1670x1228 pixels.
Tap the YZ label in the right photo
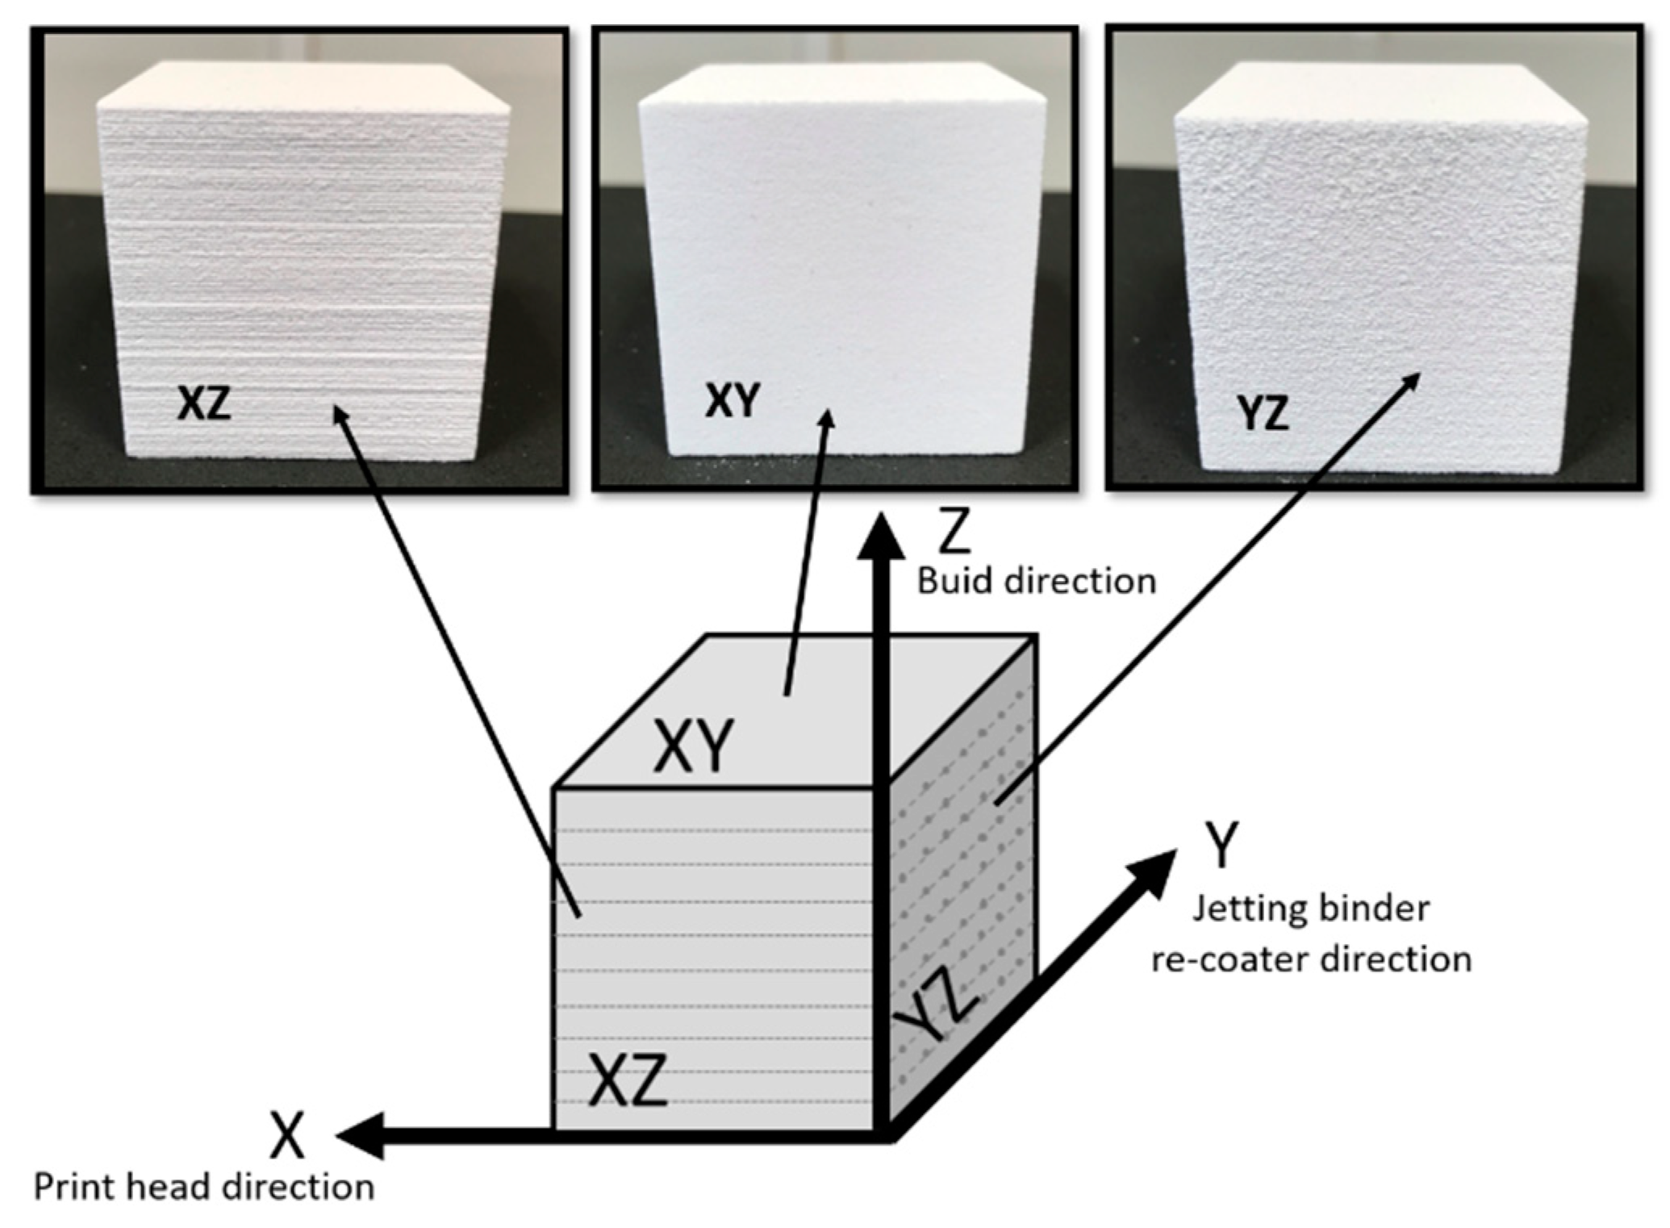coord(1263,413)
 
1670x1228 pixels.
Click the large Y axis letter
coord(1221,845)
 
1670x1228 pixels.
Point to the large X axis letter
coord(287,1134)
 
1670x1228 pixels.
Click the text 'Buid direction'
coord(1037,581)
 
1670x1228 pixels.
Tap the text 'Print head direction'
coord(204,1187)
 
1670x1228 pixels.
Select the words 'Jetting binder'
coord(1311,908)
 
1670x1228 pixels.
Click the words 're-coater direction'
coord(1311,959)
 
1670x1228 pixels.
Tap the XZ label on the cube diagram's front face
coord(628,1080)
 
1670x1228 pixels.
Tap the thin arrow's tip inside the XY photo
coord(827,415)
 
